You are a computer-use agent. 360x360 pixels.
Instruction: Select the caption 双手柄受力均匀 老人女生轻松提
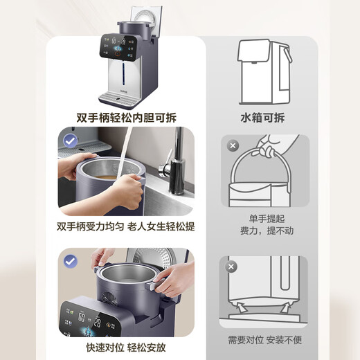pos(125,226)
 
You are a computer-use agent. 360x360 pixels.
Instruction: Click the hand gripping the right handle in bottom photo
pos(173,277)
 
